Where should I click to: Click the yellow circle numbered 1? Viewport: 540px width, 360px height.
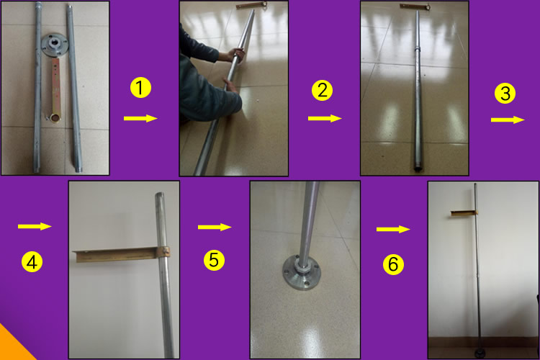coord(140,88)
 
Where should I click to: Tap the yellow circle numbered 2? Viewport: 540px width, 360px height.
coord(322,90)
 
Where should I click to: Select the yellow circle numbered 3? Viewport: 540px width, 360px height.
coord(505,94)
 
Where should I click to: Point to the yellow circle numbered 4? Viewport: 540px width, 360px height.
coord(32,262)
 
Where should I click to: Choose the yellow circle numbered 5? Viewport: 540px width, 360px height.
coord(214,260)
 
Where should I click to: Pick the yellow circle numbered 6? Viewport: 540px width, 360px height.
coord(393,264)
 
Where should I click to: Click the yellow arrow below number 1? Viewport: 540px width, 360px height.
coord(140,119)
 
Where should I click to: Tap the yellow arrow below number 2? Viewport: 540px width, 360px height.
coord(325,119)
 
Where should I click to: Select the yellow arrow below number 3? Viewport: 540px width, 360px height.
coord(508,120)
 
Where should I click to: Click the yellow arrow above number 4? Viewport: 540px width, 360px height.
coord(35,226)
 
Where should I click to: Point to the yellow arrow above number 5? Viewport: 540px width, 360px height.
coord(215,227)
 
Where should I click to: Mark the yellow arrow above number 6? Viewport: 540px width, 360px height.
coord(393,229)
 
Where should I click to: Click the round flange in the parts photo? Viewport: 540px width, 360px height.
coord(54,45)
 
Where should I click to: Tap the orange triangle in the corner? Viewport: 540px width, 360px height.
coord(13,346)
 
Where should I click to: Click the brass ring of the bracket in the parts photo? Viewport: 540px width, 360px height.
coord(55,118)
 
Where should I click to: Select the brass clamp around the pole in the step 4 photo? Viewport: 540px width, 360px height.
coord(162,251)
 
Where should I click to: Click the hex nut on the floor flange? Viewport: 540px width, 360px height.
coord(302,267)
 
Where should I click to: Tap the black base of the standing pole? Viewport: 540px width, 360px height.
coord(480,354)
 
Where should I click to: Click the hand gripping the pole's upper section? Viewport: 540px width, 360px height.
coord(236,55)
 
